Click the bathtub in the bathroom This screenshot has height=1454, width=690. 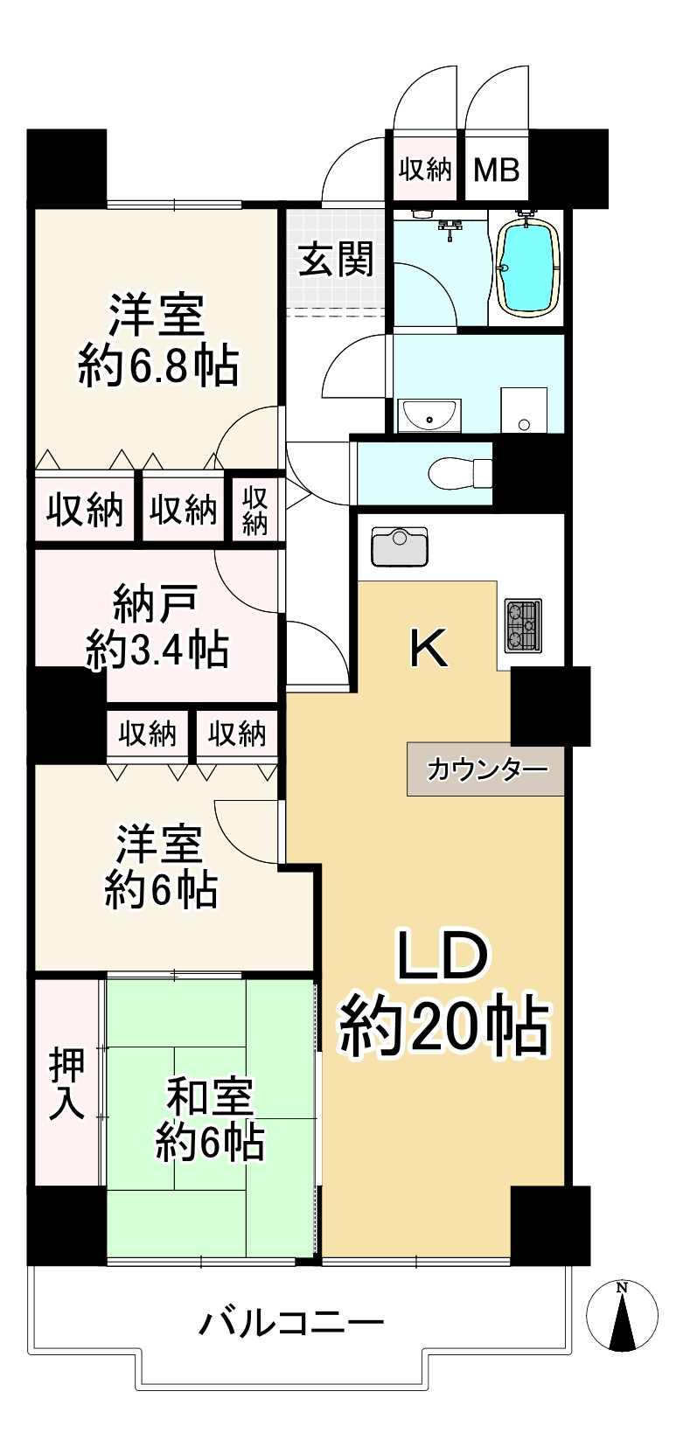pos(526,265)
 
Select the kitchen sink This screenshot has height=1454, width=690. pos(399,546)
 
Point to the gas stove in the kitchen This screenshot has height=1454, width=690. pos(523,626)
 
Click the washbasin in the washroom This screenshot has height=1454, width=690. pos(429,414)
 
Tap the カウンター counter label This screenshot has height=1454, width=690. pos(487,769)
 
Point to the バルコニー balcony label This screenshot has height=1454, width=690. pos(292,1323)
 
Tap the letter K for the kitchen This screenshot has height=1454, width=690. pos(430,649)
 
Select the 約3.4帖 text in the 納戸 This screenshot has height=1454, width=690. pos(157,650)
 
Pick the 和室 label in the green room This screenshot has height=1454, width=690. pos(210,1096)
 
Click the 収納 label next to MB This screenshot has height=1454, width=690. pos(425,169)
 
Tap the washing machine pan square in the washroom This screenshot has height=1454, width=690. pos(524,410)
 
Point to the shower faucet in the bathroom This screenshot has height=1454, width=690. pos(452,229)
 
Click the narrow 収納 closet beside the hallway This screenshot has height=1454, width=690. pos(254,510)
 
